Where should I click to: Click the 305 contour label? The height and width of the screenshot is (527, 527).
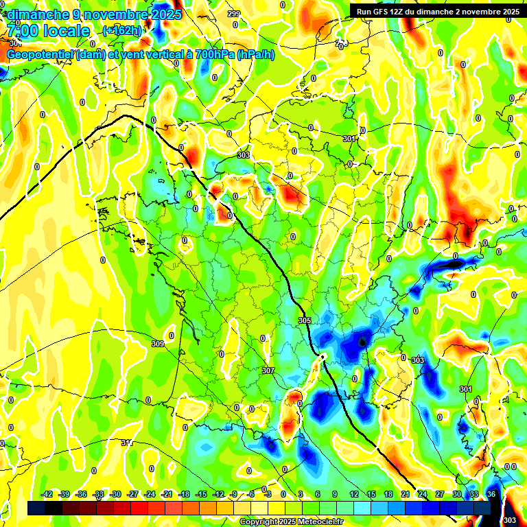[305, 320]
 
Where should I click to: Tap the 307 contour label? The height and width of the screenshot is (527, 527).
[268, 371]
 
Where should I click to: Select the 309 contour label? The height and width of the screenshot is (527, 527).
[157, 344]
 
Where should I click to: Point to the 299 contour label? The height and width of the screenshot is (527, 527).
[234, 14]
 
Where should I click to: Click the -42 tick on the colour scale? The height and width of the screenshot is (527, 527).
[47, 494]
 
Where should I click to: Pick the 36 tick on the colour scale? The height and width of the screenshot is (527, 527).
[491, 494]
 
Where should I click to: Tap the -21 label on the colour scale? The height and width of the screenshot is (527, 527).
[167, 494]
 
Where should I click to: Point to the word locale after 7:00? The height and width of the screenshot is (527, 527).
[65, 31]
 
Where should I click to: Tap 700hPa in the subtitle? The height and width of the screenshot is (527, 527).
[209, 55]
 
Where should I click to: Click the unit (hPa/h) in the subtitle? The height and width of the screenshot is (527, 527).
[255, 55]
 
